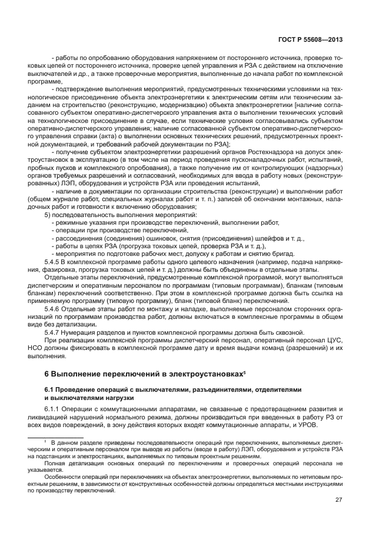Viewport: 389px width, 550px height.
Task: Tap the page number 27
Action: click(338, 500)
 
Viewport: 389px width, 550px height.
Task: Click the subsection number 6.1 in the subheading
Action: click(50, 389)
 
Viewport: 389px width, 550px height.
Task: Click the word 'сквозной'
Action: click(289, 332)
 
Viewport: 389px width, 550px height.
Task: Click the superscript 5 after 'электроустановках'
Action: click(245, 372)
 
